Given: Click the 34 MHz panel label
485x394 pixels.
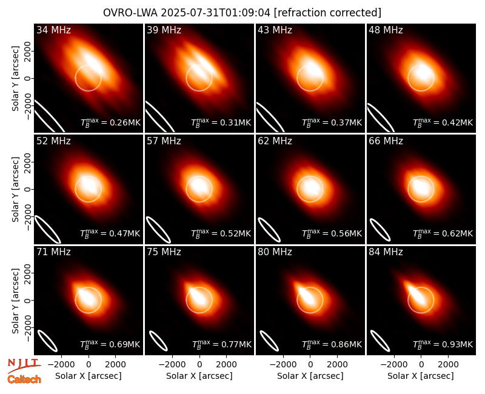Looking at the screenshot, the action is click(53, 30).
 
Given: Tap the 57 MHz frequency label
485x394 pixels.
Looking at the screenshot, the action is click(164, 141).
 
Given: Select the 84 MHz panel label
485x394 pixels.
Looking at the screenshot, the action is click(386, 252).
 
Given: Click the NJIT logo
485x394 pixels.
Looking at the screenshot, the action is click(24, 365).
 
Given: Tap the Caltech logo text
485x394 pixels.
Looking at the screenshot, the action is click(24, 379).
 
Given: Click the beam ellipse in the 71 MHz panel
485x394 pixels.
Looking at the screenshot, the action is click(47, 341).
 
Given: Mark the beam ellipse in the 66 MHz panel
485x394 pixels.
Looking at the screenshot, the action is click(380, 230).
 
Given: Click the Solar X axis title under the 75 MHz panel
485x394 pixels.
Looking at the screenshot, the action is click(199, 376).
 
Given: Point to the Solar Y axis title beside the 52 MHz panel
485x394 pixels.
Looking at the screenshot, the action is click(15, 189).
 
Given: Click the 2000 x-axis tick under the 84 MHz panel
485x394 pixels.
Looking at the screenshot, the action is click(448, 365).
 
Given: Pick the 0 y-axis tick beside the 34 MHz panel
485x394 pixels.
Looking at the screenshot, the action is click(28, 78).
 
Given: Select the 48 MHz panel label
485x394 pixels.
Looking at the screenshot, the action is click(386, 30).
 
